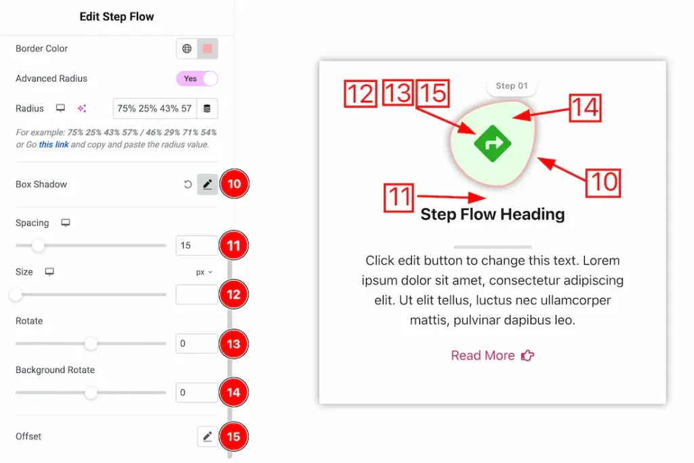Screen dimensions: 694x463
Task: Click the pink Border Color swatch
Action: click(x=207, y=49)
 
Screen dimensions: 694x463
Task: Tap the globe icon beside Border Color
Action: click(x=187, y=49)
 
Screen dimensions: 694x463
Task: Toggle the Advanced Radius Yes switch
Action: click(x=197, y=79)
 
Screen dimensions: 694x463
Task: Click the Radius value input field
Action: click(x=155, y=108)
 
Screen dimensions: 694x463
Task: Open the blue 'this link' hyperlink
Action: click(x=54, y=145)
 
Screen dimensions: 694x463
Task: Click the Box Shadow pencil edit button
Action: click(x=207, y=184)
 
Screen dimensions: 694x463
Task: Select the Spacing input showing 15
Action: click(x=197, y=246)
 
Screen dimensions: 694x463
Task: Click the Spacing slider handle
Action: click(x=38, y=246)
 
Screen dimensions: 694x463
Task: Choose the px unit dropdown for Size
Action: click(x=204, y=272)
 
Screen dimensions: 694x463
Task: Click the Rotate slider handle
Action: click(x=91, y=344)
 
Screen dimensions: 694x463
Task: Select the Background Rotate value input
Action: click(x=197, y=392)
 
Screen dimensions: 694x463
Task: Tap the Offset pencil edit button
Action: click(x=207, y=437)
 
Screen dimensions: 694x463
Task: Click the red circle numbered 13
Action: click(x=234, y=344)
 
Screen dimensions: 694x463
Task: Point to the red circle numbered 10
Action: click(x=234, y=183)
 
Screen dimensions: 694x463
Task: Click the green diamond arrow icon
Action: click(x=493, y=144)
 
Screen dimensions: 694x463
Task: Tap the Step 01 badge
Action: click(x=512, y=86)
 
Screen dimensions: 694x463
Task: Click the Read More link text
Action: click(x=483, y=355)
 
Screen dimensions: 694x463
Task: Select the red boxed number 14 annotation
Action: click(x=585, y=108)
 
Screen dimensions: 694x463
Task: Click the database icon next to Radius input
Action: click(x=207, y=108)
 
